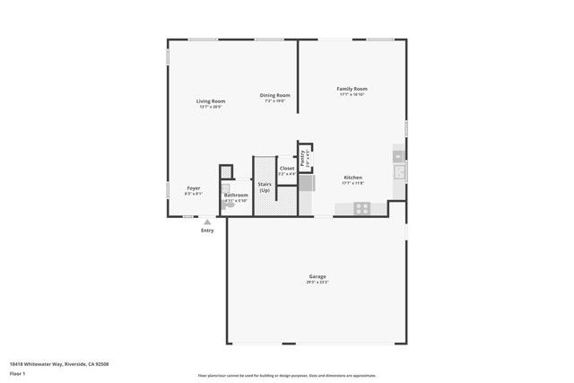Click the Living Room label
[211, 101]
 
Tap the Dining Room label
[274, 95]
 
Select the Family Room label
[352, 89]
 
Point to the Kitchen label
[352, 178]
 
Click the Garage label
[317, 276]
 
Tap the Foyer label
[193, 188]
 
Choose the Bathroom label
[236, 195]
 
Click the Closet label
[287, 168]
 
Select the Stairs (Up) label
[265, 187]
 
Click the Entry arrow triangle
[207, 222]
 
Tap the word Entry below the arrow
[207, 231]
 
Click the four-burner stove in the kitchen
[362, 207]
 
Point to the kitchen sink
[399, 170]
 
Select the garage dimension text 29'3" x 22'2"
[317, 283]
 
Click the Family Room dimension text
[352, 94]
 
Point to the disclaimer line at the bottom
[286, 376]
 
